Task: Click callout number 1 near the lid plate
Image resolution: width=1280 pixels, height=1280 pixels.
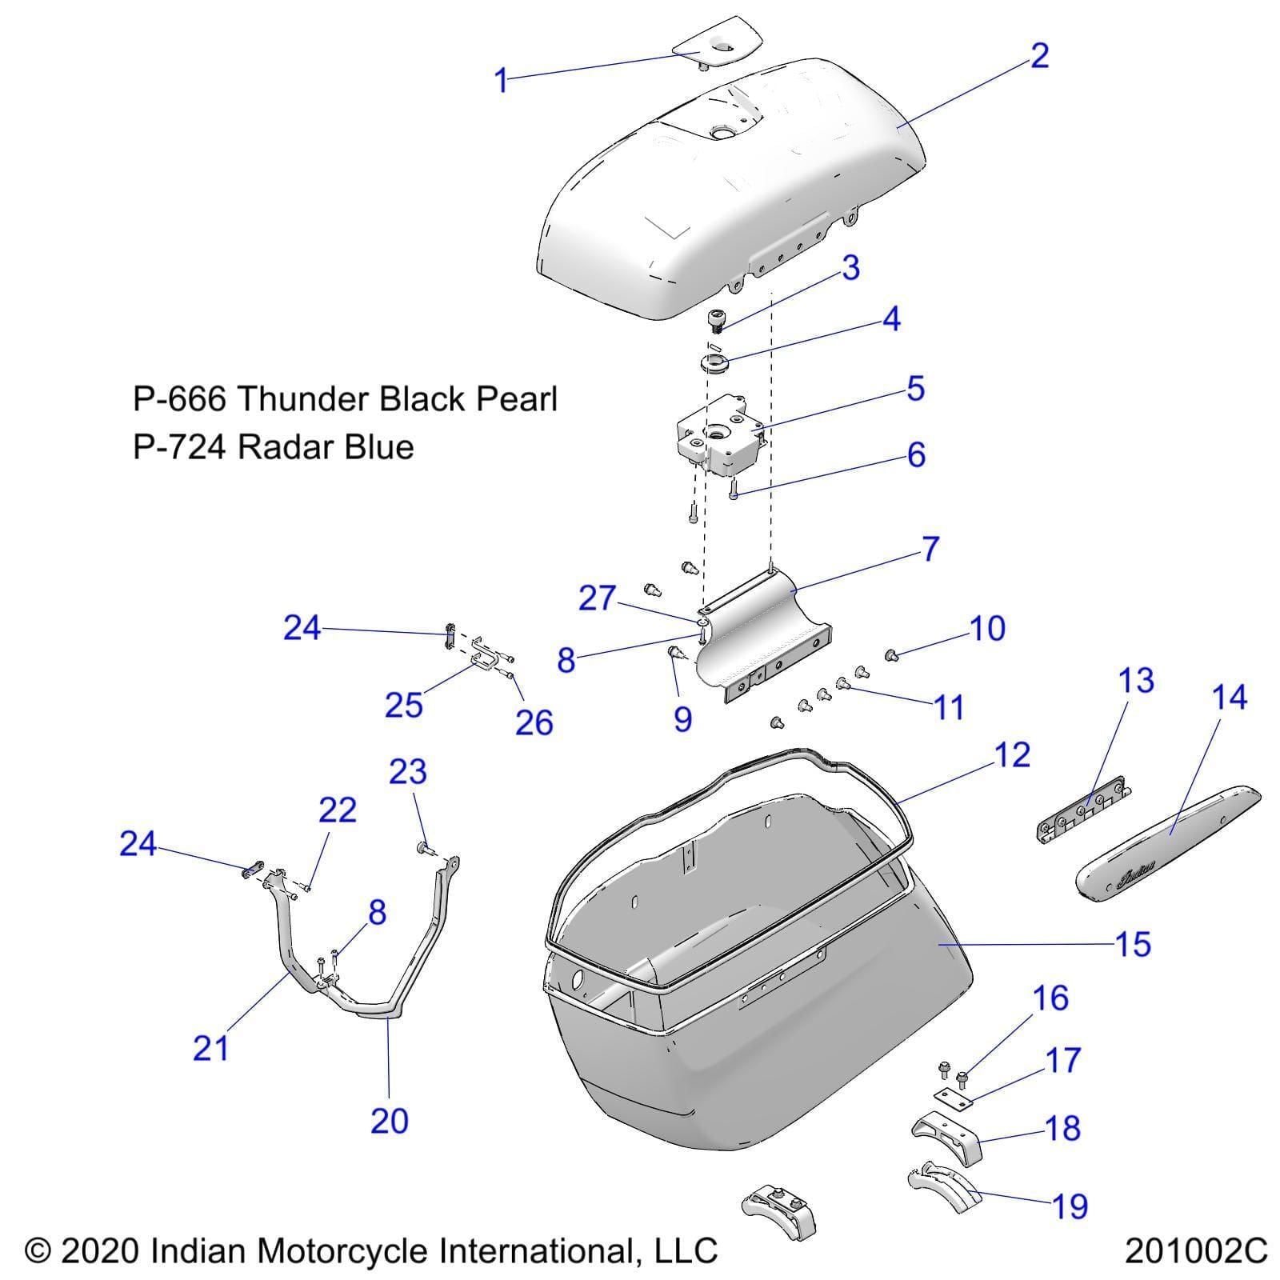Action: [502, 81]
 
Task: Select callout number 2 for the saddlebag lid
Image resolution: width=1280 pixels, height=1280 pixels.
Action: [1038, 56]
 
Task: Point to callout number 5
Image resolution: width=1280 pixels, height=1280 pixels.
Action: [915, 389]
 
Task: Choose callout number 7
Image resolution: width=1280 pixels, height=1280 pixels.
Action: [930, 550]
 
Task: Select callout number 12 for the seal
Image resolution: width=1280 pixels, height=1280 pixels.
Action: [1011, 755]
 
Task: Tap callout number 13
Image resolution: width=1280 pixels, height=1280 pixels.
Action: [1135, 681]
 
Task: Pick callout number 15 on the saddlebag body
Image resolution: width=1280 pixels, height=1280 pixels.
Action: [1133, 944]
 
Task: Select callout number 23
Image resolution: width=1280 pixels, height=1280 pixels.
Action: [408, 772]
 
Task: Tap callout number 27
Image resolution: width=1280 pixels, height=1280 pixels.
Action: [597, 598]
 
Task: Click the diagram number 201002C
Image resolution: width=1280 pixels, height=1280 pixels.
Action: [1195, 1250]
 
